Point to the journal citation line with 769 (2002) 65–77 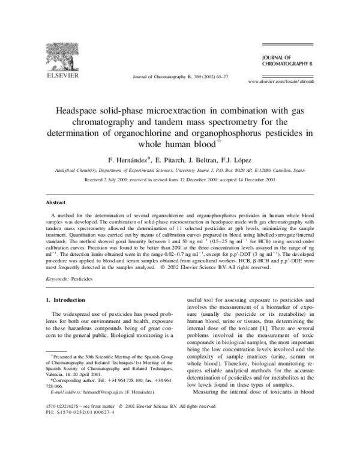[x=180, y=77]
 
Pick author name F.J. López [x=238, y=160]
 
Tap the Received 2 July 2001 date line [x=180, y=180]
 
